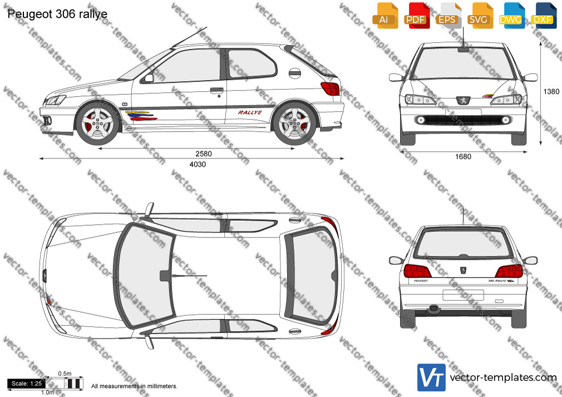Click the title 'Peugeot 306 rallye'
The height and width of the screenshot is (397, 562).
coord(57,14)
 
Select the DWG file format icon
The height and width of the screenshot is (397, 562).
coord(511,16)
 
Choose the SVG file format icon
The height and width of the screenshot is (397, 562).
coord(480,16)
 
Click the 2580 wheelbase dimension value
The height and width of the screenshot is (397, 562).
coord(204,153)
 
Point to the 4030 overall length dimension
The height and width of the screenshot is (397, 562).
coord(198,165)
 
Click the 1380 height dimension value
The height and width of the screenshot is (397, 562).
coord(551,92)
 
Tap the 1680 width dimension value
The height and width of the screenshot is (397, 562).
coord(463,157)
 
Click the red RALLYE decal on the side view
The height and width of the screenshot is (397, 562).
coord(250,112)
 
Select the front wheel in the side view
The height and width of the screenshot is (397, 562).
coord(97,123)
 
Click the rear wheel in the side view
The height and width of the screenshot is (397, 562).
coord(294,124)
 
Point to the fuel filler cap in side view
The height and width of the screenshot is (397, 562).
coord(294,73)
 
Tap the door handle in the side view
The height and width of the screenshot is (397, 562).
coord(217,90)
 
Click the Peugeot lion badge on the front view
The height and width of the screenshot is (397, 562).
coord(463,101)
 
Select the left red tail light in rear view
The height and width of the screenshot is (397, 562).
coord(417,271)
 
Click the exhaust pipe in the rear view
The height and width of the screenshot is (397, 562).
coord(433,309)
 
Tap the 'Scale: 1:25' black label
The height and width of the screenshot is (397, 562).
coord(27,384)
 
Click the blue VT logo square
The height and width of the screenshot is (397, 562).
coord(432,378)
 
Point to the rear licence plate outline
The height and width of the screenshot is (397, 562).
coord(463,295)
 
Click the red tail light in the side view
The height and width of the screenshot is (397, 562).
coord(330,88)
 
